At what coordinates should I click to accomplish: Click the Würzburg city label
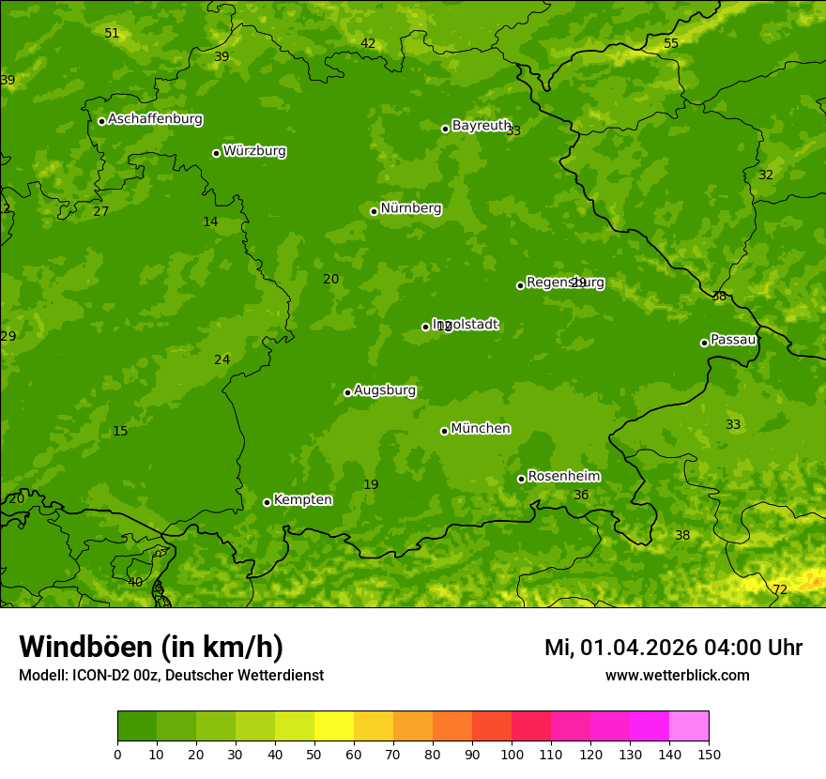pos(254,151)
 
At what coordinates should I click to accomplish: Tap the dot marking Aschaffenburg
pos(101,121)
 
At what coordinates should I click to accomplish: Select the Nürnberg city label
pos(410,208)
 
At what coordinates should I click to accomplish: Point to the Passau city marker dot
pos(704,343)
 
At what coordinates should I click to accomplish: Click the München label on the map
pos(481,429)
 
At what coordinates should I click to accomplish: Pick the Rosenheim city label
pos(563,477)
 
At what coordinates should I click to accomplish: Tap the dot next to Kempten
pos(267,502)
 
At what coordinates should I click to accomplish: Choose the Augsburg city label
pos(385,390)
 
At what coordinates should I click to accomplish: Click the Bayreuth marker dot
pos(445,129)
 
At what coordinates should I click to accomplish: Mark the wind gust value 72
pos(780,589)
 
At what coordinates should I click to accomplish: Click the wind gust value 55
pos(671,44)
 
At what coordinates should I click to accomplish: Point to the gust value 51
pos(112,34)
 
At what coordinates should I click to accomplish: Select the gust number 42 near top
pos(368,44)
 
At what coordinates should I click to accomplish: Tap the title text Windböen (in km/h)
pos(151,647)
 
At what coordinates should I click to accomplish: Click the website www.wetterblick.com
pos(677,676)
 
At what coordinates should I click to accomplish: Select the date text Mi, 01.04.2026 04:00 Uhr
pos(673,648)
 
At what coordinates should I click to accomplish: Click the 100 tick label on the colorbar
pos(512,754)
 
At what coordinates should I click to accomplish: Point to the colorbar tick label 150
pos(709,754)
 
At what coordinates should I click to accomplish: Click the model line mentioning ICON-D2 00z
pos(171,676)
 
